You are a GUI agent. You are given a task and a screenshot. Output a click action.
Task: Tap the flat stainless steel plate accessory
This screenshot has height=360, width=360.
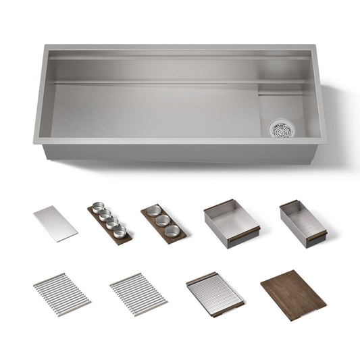(x=55, y=224)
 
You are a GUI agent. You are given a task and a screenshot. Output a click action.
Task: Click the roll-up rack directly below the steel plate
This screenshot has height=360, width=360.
(x=62, y=294)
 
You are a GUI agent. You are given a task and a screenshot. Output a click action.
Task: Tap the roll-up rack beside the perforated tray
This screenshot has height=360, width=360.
(x=138, y=294)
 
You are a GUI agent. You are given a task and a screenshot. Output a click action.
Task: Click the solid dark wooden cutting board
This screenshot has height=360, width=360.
(x=293, y=294)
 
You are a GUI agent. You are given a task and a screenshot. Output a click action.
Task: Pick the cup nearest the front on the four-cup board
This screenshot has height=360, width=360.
(x=120, y=232)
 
